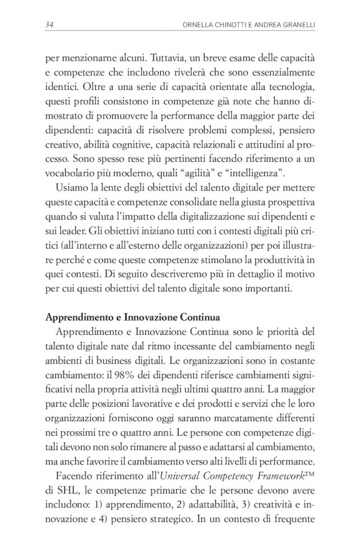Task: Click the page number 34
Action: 50,24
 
